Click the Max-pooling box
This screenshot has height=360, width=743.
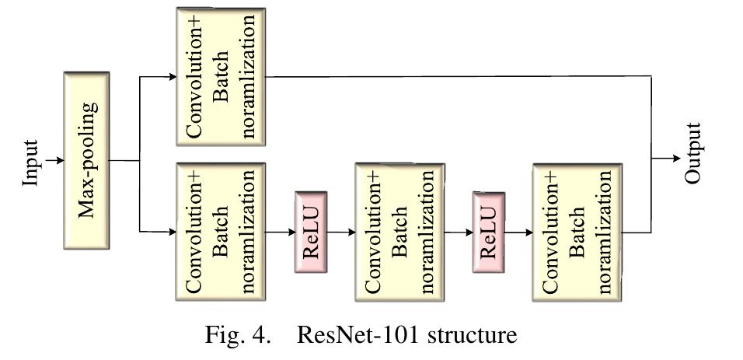pos(86,160)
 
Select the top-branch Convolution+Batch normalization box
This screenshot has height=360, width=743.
pos(221,76)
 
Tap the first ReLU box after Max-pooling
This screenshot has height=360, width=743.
pos(311,232)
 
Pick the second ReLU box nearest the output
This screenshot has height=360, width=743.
pos(489,232)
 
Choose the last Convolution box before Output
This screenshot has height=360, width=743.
pos(577,231)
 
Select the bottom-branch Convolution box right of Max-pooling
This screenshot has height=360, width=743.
pos(221,231)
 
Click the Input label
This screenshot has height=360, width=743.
pos(30,162)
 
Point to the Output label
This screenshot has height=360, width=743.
pos(693,153)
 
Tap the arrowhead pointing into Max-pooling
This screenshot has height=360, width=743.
pos(60,161)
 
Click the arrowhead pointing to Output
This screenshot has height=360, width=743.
pos(675,159)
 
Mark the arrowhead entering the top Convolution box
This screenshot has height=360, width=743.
pos(172,76)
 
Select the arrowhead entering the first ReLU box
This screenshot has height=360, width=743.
pos(290,232)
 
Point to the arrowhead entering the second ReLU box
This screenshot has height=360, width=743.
pos(468,232)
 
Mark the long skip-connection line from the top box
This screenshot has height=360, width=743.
pos(459,76)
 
